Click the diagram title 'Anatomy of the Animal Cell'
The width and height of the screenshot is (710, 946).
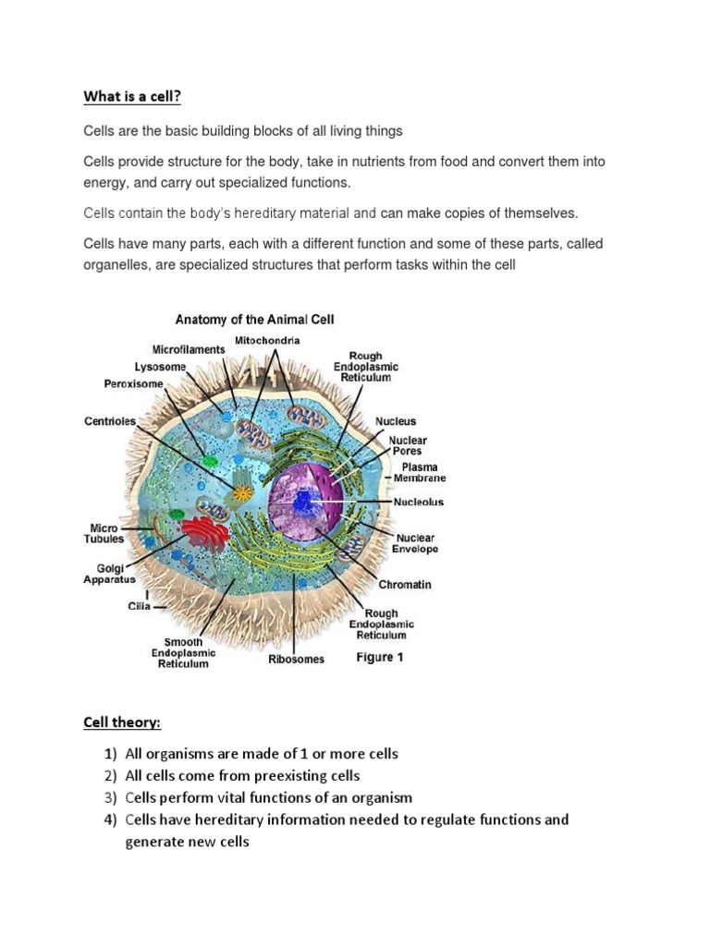pos(254,321)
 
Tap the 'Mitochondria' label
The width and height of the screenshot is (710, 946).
pos(267,341)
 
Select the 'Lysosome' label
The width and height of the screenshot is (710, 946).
pos(160,367)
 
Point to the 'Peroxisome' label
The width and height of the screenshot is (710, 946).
pos(133,383)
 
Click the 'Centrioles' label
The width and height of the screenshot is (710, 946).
pos(110,421)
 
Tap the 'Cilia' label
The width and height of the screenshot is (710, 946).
pos(139,607)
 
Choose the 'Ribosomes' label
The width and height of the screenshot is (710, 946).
pos(296,660)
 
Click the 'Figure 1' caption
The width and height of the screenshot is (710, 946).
pos(382,658)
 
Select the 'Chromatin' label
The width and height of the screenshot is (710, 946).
pos(404,585)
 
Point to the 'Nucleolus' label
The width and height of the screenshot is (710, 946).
pos(419,503)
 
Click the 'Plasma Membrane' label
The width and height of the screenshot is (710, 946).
pos(420,473)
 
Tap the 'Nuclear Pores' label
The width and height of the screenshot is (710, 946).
pos(407,446)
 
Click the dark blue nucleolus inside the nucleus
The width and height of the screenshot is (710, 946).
pos(304,502)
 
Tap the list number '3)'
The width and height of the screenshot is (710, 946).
pos(110,797)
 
